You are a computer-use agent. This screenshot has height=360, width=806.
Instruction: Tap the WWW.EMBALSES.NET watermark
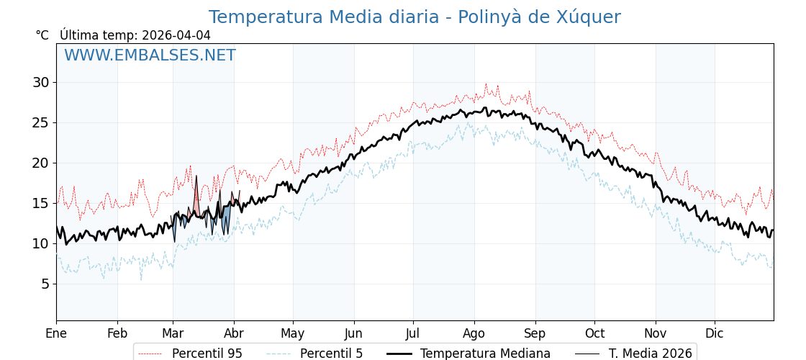tap(150, 55)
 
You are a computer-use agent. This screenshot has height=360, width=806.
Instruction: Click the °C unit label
tap(42, 35)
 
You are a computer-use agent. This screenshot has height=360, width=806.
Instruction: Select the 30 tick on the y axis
tap(40, 82)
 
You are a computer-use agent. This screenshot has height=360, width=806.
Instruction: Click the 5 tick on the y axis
tap(45, 284)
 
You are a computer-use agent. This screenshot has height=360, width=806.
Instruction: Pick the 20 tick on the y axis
tap(40, 163)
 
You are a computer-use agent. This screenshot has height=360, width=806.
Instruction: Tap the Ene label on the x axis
tap(56, 333)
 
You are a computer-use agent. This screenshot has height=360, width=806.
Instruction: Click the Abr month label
tap(234, 333)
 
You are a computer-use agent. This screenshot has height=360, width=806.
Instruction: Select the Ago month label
tap(474, 333)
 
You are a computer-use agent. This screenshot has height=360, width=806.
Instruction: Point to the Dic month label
tap(714, 333)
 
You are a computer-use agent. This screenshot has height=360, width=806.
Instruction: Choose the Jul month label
tap(413, 333)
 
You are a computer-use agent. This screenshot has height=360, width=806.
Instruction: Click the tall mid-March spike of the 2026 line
tap(196, 177)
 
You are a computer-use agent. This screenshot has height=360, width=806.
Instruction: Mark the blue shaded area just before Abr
tap(227, 216)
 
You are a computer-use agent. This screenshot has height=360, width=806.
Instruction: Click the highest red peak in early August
tap(486, 84)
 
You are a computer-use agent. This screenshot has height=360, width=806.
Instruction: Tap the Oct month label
tap(594, 333)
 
